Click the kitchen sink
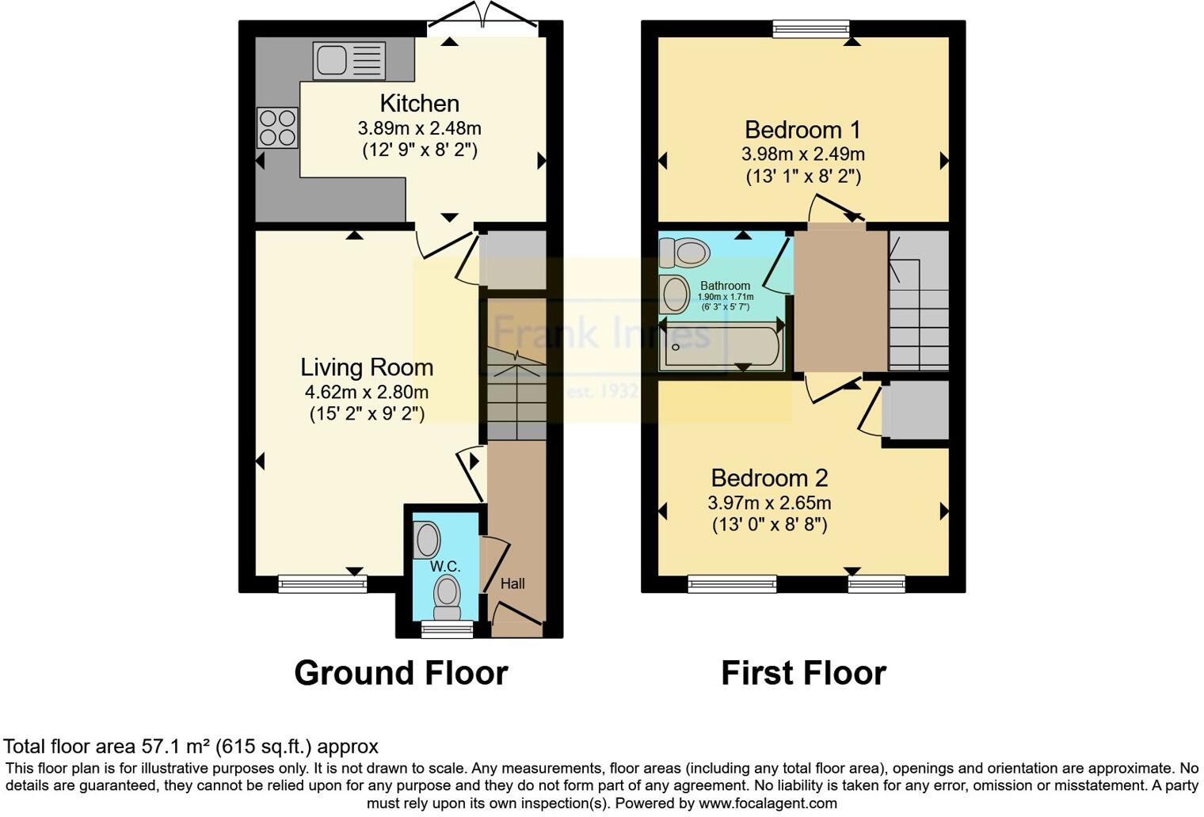pyautogui.click(x=349, y=61)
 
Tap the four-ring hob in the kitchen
pyautogui.click(x=277, y=127)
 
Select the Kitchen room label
pyautogui.click(x=419, y=104)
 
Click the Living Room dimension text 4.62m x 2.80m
pyautogui.click(x=366, y=392)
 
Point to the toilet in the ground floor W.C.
pyautogui.click(x=448, y=596)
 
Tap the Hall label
pyautogui.click(x=512, y=584)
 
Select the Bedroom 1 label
pyautogui.click(x=802, y=130)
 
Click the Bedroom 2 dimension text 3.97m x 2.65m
pyautogui.click(x=769, y=503)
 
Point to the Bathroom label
pyautogui.click(x=725, y=286)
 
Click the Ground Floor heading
pyautogui.click(x=401, y=673)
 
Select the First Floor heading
pyautogui.click(x=803, y=673)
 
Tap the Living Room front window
pyautogui.click(x=322, y=584)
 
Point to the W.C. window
pyautogui.click(x=447, y=629)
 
